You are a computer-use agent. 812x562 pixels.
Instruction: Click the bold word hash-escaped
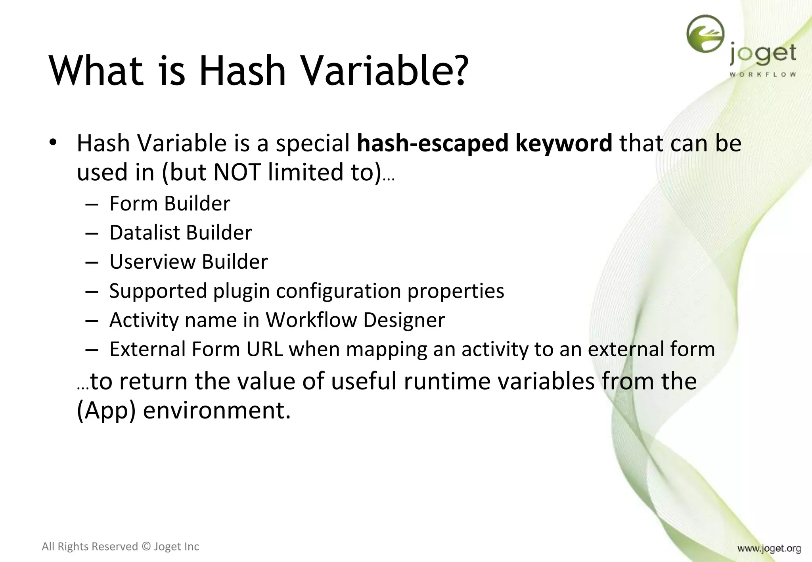pyautogui.click(x=432, y=143)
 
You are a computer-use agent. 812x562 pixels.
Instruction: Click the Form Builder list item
pyautogui.click(x=170, y=204)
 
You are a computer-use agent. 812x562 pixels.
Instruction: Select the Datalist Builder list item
pyautogui.click(x=180, y=233)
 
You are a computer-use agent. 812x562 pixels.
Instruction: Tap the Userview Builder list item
pyautogui.click(x=188, y=262)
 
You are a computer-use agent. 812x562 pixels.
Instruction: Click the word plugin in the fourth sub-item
pyautogui.click(x=242, y=291)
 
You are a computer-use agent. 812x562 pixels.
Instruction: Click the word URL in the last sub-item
pyautogui.click(x=264, y=349)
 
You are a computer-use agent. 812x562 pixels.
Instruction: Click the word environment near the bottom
pyautogui.click(x=216, y=411)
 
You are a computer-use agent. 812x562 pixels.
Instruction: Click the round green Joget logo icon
pyautogui.click(x=705, y=34)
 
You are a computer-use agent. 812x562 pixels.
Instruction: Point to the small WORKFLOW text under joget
pyautogui.click(x=762, y=74)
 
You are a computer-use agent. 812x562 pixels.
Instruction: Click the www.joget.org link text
pyautogui.click(x=769, y=549)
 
